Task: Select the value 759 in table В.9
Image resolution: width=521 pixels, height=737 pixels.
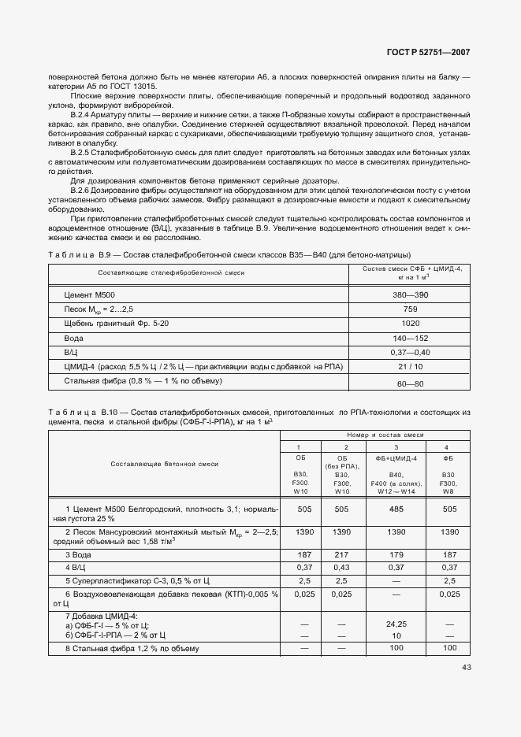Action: pyautogui.click(x=409, y=309)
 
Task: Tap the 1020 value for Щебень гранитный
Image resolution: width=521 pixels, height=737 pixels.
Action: pyautogui.click(x=409, y=323)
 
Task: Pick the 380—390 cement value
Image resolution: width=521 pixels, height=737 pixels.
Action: pyautogui.click(x=409, y=294)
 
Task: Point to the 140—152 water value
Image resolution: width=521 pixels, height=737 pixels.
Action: pyautogui.click(x=409, y=338)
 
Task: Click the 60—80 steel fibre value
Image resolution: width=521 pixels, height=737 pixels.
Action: pyautogui.click(x=409, y=383)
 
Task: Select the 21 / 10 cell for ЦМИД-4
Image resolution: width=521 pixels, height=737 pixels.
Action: pyautogui.click(x=409, y=366)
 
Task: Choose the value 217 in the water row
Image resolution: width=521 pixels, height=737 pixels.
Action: pyautogui.click(x=341, y=554)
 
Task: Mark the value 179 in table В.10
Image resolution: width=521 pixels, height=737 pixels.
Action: pyautogui.click(x=396, y=554)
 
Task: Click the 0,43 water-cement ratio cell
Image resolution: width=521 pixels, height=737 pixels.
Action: pyautogui.click(x=341, y=567)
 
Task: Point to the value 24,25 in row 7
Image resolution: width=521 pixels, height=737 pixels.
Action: pyautogui.click(x=396, y=623)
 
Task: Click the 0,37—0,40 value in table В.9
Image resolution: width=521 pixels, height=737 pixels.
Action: pyautogui.click(x=409, y=352)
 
